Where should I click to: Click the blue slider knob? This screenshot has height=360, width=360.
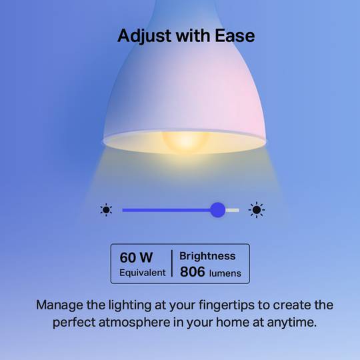(217, 210)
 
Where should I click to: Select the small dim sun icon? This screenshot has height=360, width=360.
(106, 210)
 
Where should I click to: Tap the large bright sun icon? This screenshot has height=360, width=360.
(257, 210)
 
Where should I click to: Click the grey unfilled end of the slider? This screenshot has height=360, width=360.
(233, 210)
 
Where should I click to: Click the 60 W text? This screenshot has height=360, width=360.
(136, 257)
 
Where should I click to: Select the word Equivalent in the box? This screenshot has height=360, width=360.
(142, 273)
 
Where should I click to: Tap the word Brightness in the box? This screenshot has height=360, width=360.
(207, 256)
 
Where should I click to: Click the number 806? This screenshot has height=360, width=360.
(193, 272)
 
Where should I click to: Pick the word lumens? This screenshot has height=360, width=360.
(225, 273)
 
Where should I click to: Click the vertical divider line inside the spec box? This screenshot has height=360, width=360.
(172, 264)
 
